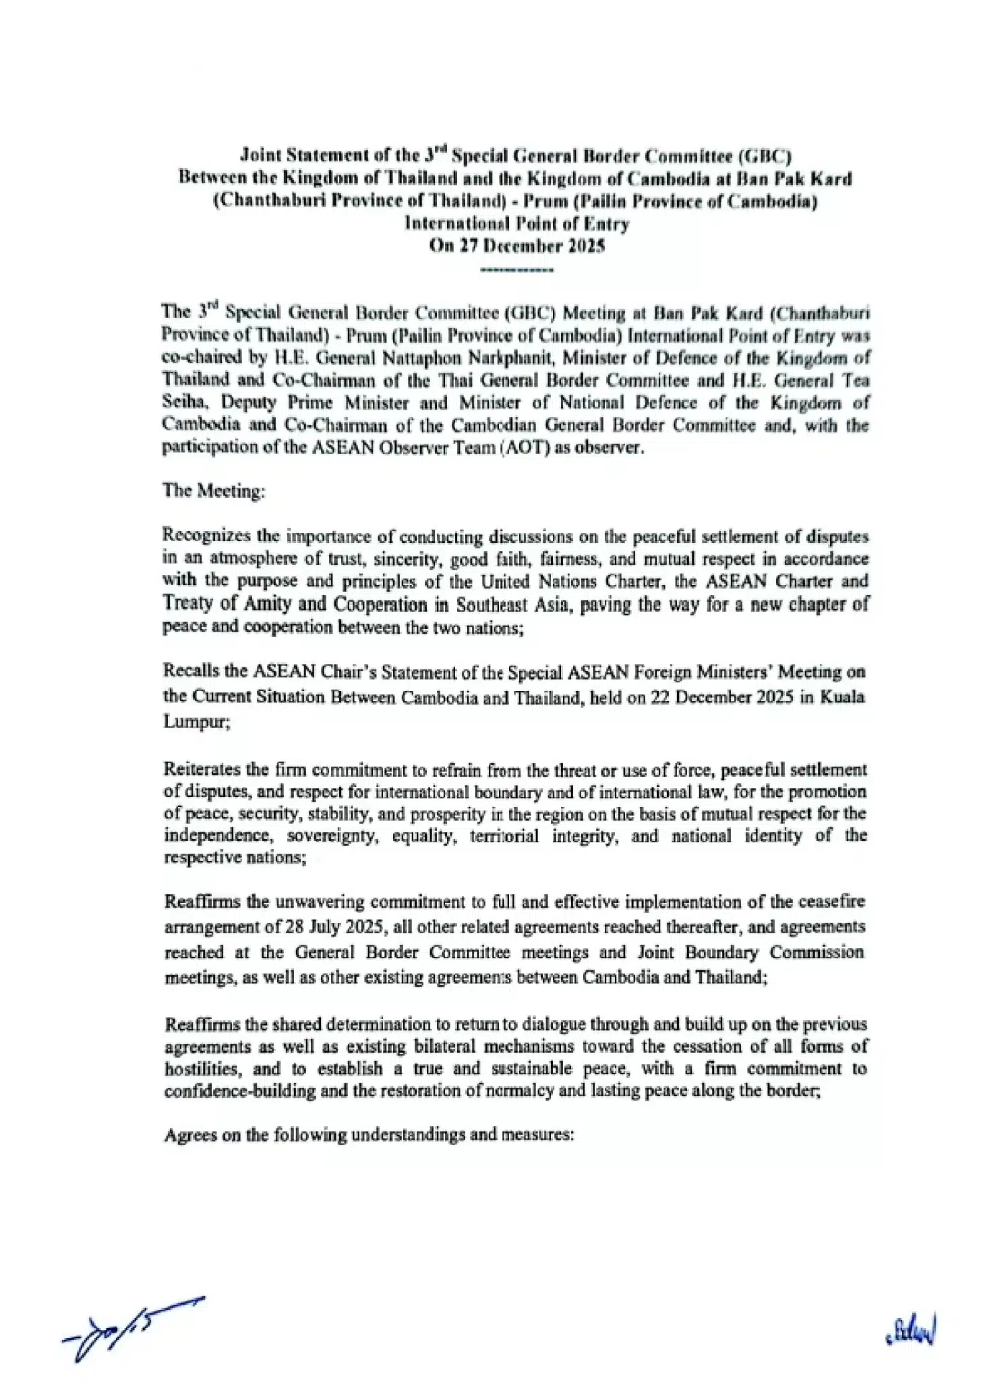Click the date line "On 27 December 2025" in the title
(x=517, y=246)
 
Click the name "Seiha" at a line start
(x=181, y=402)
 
